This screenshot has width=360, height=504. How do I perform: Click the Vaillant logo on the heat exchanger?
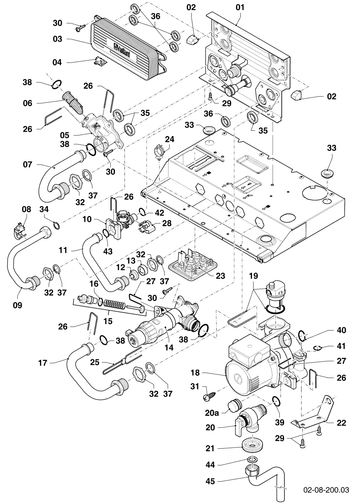(122, 50)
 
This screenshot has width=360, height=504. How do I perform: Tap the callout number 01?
(240, 8)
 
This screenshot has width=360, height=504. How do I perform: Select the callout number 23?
(220, 276)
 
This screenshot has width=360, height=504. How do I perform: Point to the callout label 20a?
(212, 413)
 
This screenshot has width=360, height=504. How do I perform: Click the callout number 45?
(210, 481)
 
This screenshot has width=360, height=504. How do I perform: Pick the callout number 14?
(169, 348)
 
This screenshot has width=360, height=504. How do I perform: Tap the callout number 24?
(170, 139)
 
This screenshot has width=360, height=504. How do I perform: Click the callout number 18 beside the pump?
(195, 373)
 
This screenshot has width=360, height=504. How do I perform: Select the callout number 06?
(28, 103)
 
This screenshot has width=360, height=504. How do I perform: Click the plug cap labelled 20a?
(234, 408)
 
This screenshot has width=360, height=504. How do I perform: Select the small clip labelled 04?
(100, 62)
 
